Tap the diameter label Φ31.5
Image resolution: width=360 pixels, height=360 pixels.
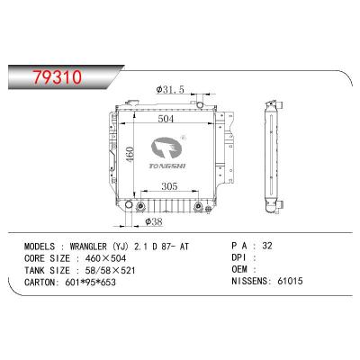click(x=171, y=89)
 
